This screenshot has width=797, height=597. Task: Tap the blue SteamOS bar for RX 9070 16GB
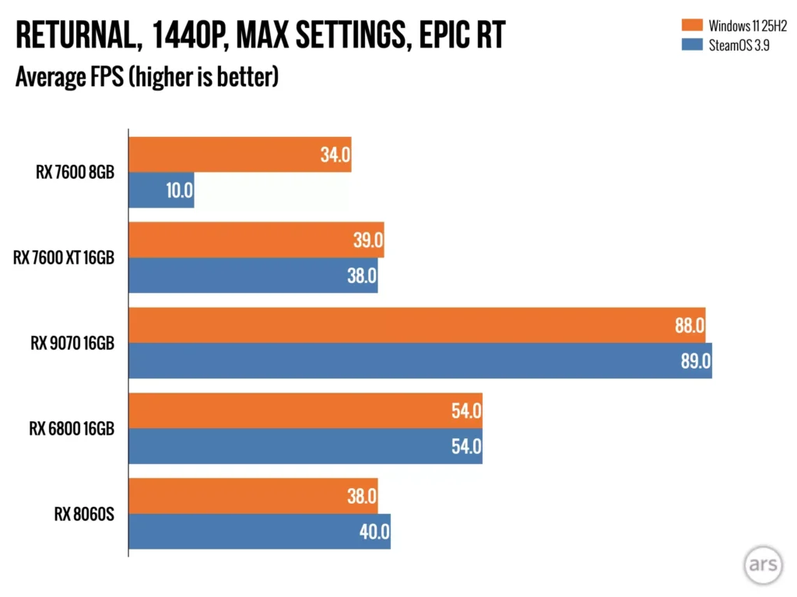[x=420, y=361]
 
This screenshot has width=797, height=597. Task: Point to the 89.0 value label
[x=690, y=361]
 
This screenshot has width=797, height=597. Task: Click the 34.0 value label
[x=335, y=155]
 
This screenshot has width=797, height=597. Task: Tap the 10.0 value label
[x=179, y=190]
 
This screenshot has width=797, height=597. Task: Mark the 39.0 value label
[x=367, y=240]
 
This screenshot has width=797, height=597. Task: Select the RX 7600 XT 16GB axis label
[x=64, y=257]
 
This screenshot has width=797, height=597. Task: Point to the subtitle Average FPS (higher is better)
[x=147, y=78]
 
